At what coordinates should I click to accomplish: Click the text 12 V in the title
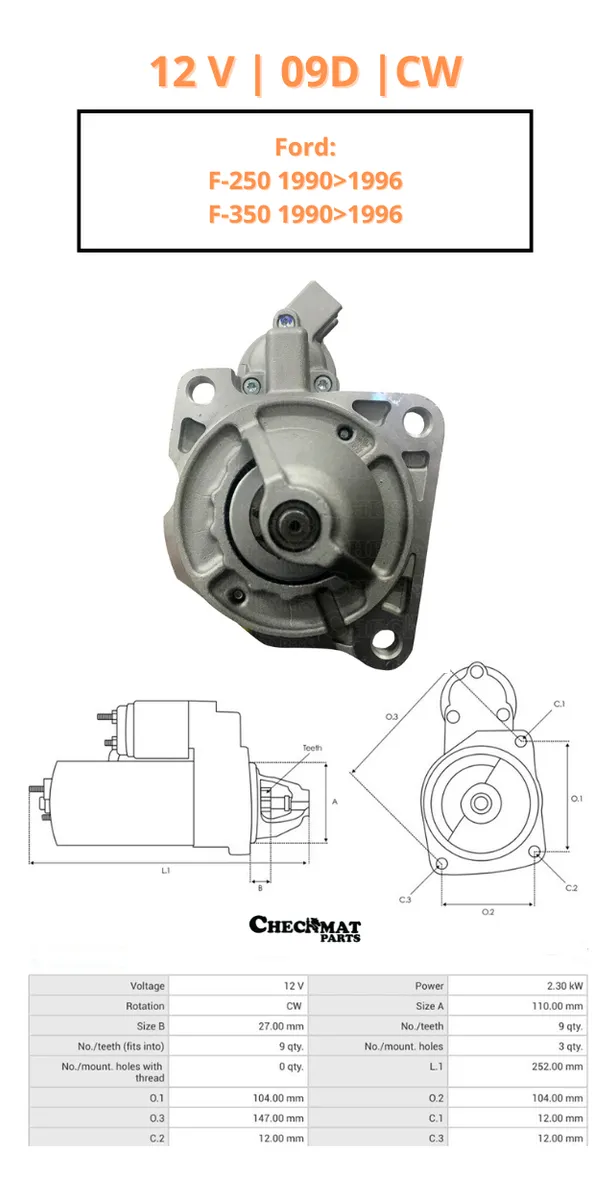[x=192, y=71]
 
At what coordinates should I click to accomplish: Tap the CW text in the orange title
[x=429, y=71]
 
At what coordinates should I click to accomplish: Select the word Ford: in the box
[x=305, y=147]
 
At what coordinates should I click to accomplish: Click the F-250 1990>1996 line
[x=305, y=181]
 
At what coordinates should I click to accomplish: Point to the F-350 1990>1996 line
[x=305, y=214]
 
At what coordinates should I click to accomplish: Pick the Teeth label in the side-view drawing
[x=312, y=748]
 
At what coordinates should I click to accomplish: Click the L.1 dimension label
[x=166, y=871]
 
